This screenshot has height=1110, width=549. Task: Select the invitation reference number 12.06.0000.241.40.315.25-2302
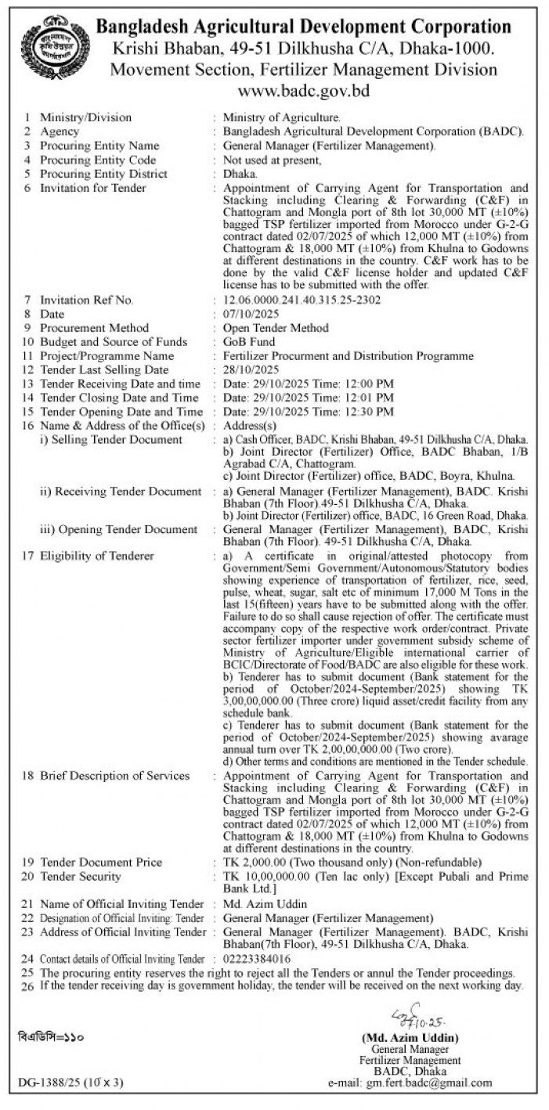pyautogui.click(x=302, y=301)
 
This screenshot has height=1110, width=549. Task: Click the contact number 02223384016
pyautogui.click(x=257, y=958)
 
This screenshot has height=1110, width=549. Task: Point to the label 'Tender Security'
pyautogui.click(x=81, y=876)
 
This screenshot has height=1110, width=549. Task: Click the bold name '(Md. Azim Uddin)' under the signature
pyautogui.click(x=410, y=1037)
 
